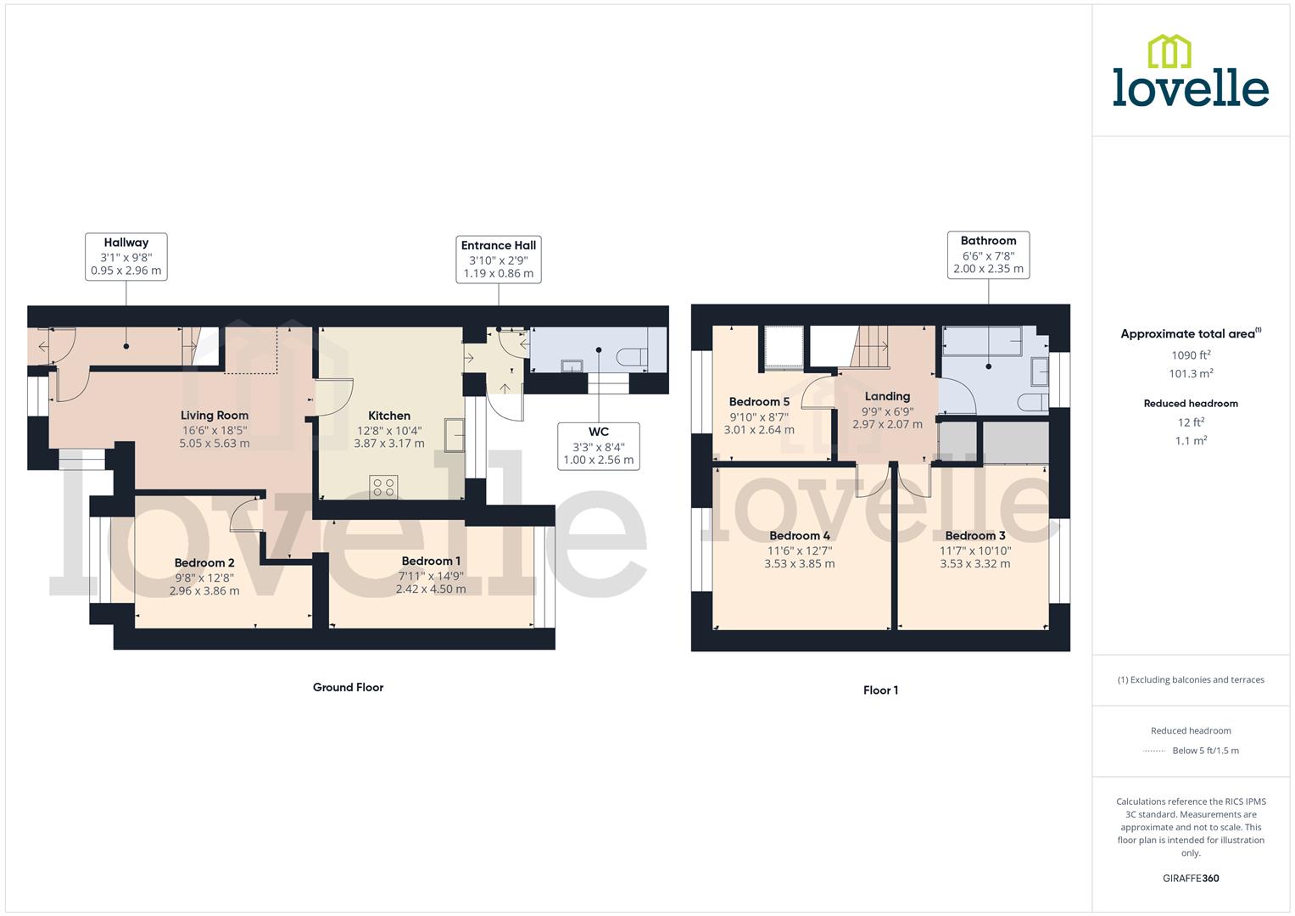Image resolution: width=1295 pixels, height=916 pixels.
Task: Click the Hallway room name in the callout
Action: tap(126, 243)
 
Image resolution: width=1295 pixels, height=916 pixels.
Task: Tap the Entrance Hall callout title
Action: tap(499, 245)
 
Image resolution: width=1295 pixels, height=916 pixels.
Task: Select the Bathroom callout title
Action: tap(988, 241)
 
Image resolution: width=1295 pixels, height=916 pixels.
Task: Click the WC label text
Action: tap(599, 432)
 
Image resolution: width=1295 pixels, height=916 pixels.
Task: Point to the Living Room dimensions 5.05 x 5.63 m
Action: tap(215, 443)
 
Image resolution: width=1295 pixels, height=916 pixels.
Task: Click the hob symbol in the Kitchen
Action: tap(383, 487)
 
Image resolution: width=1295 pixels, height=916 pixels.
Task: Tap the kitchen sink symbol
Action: tap(455, 434)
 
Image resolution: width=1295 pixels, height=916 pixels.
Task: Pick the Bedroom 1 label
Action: tap(431, 561)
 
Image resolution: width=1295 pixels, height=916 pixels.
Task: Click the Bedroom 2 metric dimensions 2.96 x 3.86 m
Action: tap(204, 591)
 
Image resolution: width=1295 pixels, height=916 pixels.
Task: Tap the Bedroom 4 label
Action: tap(800, 536)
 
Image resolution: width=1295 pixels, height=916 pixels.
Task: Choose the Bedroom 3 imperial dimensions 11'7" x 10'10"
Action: tap(975, 550)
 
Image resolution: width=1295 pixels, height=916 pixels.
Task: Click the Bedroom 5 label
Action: tap(759, 402)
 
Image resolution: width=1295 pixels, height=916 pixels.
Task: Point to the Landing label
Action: tap(887, 396)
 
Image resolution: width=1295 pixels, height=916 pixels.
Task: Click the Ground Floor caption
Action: tap(348, 687)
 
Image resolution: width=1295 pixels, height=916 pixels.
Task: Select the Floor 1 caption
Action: tap(880, 690)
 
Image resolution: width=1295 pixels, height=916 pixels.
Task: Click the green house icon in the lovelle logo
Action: tap(1169, 52)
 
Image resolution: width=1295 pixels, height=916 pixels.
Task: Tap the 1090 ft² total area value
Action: tap(1191, 355)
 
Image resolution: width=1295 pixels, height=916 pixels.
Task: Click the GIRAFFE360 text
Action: tap(1191, 878)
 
